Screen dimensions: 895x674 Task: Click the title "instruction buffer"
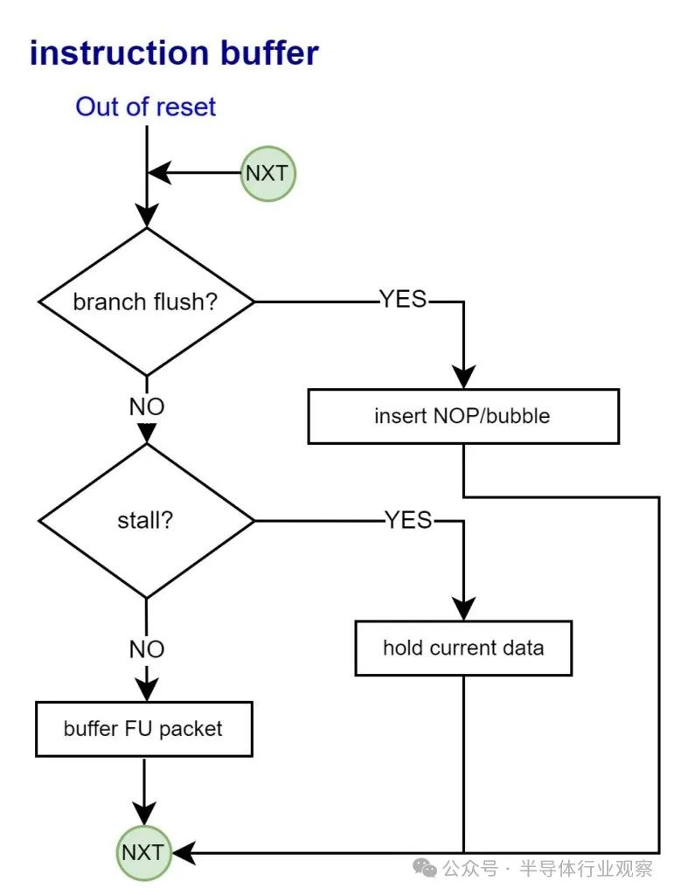[174, 52]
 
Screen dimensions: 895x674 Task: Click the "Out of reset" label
[145, 108]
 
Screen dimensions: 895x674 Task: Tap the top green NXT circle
[268, 173]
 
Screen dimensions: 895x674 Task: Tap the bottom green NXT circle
[143, 851]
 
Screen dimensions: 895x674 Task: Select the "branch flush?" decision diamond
[146, 302]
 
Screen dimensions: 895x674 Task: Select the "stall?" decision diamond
[146, 521]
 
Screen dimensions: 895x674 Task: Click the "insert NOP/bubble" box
[462, 416]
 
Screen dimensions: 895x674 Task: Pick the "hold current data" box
[462, 648]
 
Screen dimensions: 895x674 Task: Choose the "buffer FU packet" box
[143, 728]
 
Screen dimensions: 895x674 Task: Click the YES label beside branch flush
[403, 300]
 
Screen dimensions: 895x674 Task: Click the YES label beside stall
[409, 520]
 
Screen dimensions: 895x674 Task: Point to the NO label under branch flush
[147, 406]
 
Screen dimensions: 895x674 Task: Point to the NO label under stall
[147, 649]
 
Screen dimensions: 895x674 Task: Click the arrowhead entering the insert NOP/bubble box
[462, 378]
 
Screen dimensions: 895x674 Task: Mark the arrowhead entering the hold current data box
[462, 609]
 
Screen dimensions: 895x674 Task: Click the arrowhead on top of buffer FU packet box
[146, 690]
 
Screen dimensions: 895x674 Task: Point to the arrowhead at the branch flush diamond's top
[146, 215]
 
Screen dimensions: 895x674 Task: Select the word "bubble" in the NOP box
[519, 416]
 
